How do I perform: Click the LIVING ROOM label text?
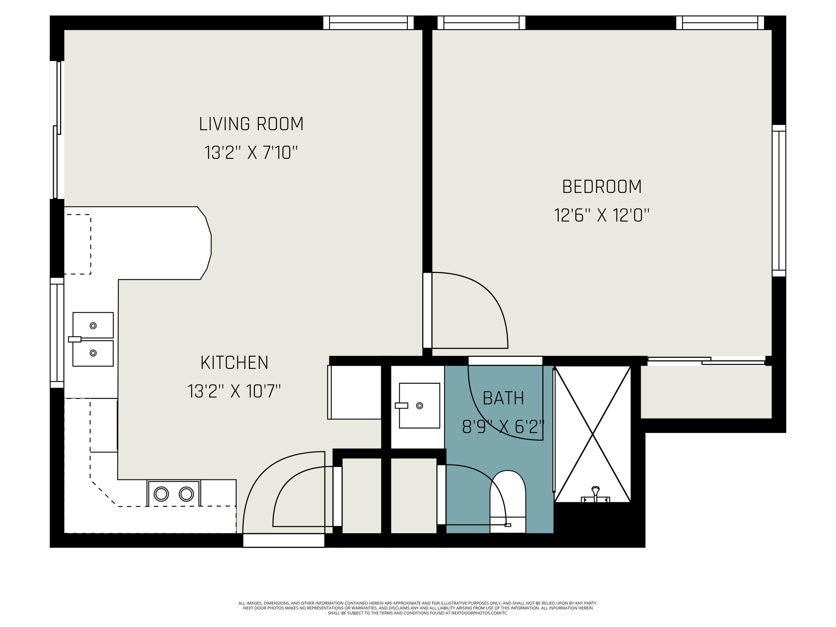coord(251,124)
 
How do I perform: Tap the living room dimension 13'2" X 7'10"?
coord(251,153)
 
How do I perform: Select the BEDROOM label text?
coord(602,187)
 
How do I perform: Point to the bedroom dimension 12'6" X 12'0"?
coord(602,215)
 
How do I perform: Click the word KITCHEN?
coord(234,363)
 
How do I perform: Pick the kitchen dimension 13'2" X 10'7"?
coord(234,391)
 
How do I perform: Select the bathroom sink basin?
coord(419,405)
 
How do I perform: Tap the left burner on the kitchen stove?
coord(161,494)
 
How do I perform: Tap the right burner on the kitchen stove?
coord(186,494)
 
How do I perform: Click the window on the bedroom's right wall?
coord(779,200)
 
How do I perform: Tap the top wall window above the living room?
coord(368,23)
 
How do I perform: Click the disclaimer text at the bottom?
coord(418,608)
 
